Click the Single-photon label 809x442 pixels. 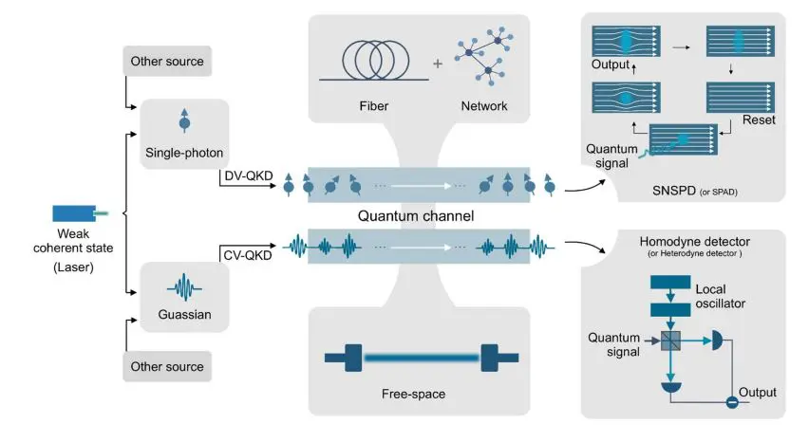(x=183, y=152)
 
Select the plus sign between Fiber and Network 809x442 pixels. (x=437, y=64)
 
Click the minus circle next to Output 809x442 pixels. (x=732, y=402)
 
